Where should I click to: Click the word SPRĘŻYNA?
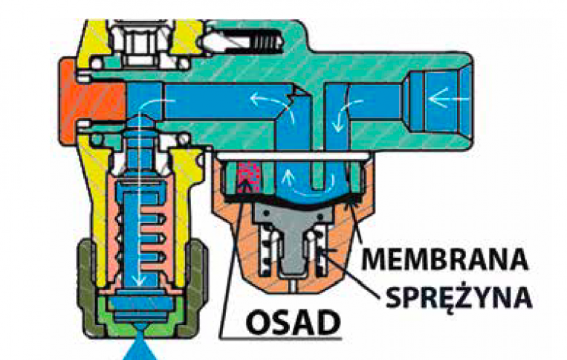[x=458, y=298]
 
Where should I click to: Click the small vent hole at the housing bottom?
[x=292, y=285]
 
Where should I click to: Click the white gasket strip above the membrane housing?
[x=292, y=156]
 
